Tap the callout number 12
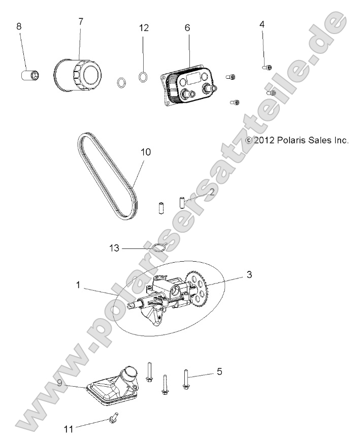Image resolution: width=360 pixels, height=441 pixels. (x=144, y=28)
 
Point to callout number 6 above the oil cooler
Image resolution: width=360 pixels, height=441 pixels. (x=187, y=27)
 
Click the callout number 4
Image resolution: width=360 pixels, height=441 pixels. (x=262, y=24)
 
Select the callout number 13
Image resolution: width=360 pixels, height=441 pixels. (x=115, y=248)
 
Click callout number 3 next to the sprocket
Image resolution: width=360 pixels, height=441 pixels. (x=249, y=275)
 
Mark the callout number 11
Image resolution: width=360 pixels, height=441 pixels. (x=69, y=429)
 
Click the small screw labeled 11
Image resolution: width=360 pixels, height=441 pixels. (x=113, y=418)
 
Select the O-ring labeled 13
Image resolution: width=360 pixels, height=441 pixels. (x=159, y=248)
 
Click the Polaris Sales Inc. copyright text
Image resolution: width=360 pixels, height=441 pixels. (x=297, y=140)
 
